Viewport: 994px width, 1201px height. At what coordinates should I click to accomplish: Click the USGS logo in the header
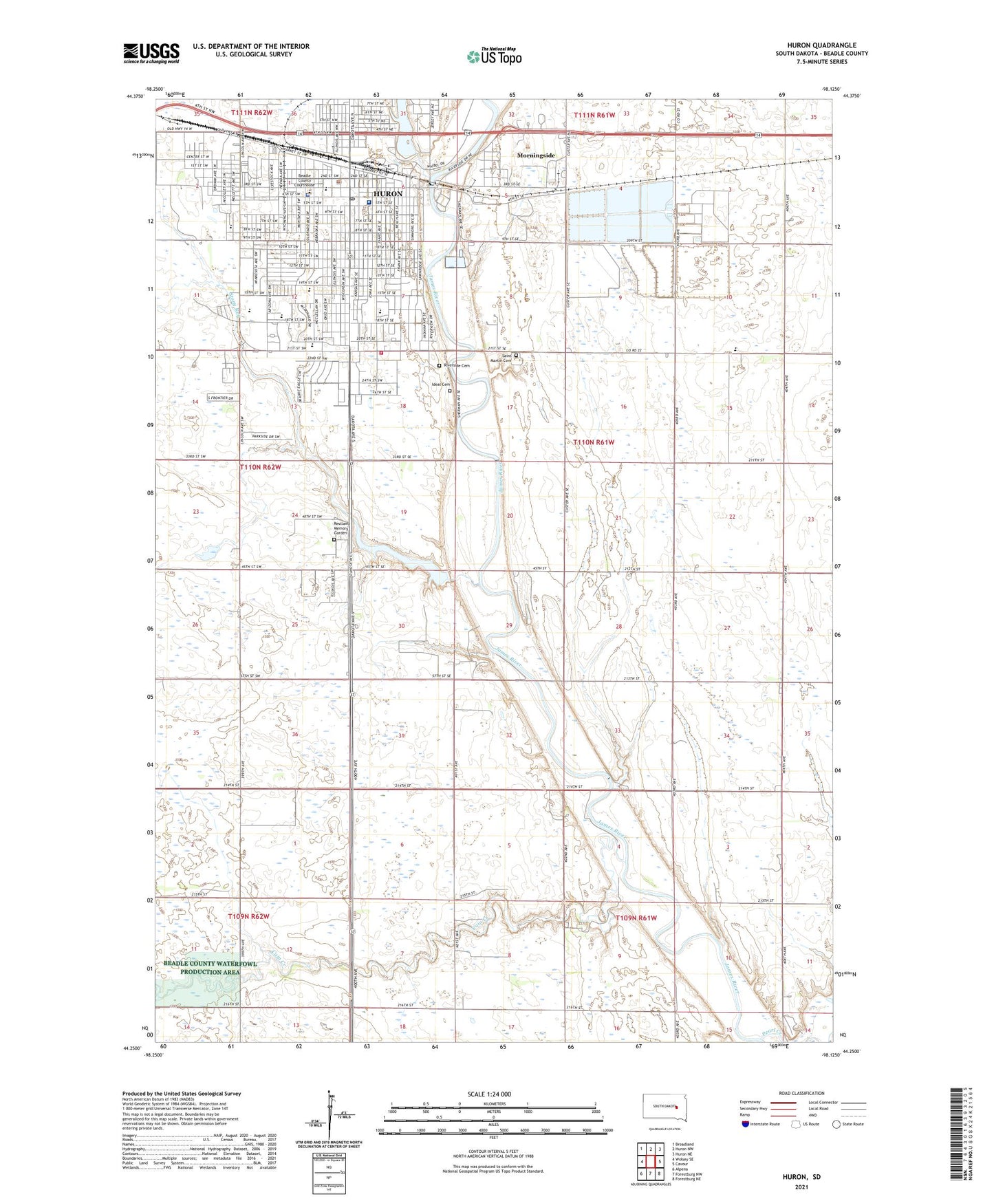click(151, 53)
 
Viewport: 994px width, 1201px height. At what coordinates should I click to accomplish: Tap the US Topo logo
click(494, 56)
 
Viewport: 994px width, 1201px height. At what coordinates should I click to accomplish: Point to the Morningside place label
click(536, 155)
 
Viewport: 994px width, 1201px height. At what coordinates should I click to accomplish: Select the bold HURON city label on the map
click(387, 194)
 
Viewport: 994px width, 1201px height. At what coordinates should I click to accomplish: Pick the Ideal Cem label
click(440, 385)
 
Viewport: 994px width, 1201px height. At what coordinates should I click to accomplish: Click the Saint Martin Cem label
click(502, 358)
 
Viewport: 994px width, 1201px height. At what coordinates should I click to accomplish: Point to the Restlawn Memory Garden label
click(342, 528)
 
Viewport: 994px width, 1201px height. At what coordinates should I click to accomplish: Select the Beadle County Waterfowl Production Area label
click(210, 968)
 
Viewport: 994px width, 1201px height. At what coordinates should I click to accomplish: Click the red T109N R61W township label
click(636, 918)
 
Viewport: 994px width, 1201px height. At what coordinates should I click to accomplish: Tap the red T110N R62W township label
click(260, 467)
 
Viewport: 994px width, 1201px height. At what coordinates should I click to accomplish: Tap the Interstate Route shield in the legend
click(746, 1125)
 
